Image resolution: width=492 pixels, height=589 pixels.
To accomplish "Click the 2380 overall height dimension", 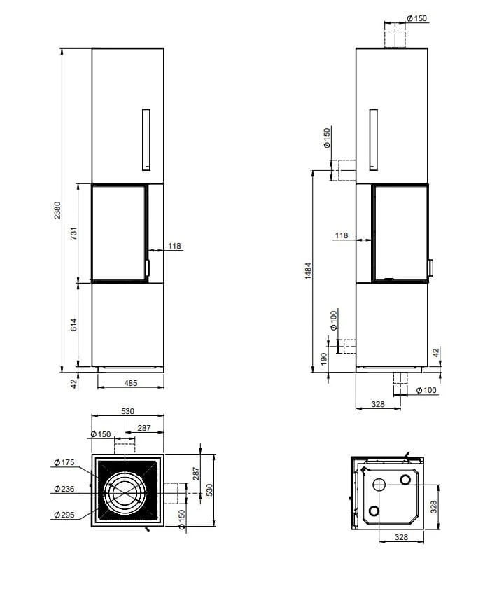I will click(x=59, y=209).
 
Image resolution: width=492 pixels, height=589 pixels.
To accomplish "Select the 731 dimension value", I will click(x=74, y=234).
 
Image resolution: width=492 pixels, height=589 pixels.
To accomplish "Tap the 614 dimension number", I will click(x=74, y=325).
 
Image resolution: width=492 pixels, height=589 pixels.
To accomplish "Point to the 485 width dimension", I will click(x=129, y=383).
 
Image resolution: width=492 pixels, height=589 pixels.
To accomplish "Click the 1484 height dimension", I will click(x=309, y=271).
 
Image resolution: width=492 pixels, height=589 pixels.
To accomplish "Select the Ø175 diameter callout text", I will click(x=63, y=462).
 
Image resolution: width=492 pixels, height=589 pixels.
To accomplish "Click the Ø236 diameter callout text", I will click(x=63, y=488).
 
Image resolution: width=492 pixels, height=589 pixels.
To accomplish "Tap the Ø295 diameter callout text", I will click(x=63, y=515).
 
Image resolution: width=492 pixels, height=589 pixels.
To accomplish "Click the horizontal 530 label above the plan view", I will click(x=127, y=412).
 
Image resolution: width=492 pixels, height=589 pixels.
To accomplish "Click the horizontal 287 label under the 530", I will click(x=144, y=427).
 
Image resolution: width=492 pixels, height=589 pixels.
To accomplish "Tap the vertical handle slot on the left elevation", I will click(x=146, y=139).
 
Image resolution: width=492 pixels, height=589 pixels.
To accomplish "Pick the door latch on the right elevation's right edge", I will click(x=430, y=267).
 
